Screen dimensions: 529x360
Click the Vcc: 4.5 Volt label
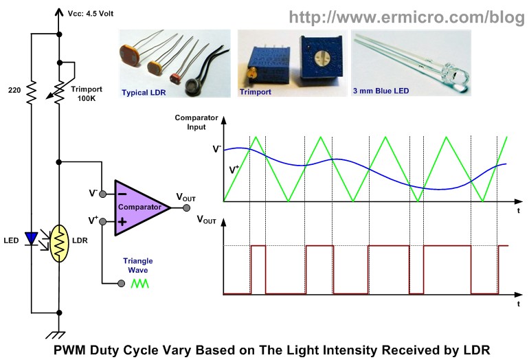pos(91,14)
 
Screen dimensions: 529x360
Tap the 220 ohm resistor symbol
pos(32,92)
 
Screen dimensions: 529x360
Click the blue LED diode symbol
pos(32,238)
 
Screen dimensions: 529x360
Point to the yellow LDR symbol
pos(59,243)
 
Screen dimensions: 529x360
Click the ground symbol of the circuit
pos(56,335)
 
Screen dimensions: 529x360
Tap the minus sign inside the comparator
pos(122,194)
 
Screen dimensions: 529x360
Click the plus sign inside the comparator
pos(122,222)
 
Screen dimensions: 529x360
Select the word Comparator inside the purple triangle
pos(139,207)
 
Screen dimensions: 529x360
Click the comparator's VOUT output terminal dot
pos(186,208)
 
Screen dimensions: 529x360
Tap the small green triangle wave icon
pos(139,284)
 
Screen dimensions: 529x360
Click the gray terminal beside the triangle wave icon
pos(122,284)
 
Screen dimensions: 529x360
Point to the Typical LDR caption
pos(144,93)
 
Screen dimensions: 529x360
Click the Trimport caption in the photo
pos(256,92)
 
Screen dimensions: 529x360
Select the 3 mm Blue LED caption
pos(381,91)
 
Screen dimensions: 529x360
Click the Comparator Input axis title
pos(196,122)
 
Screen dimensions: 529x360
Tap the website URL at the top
pos(407,17)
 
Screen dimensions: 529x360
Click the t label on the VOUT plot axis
pos(519,304)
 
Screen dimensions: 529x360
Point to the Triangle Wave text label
pos(138,265)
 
